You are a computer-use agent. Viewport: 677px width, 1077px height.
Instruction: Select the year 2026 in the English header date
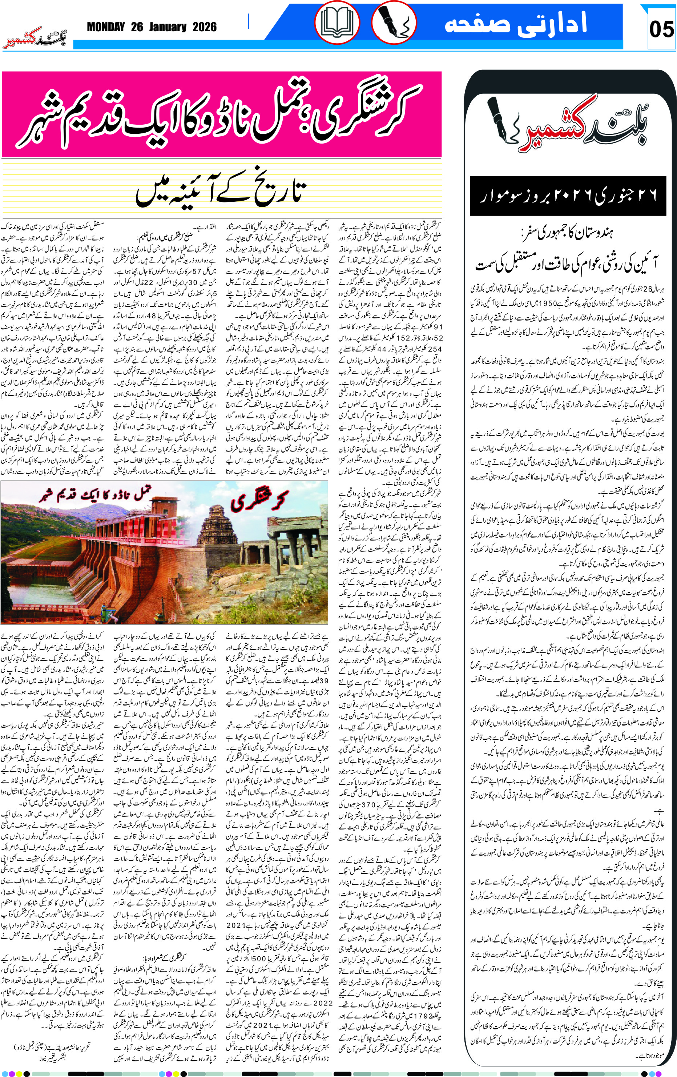(204, 27)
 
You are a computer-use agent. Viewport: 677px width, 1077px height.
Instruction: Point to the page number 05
(661, 29)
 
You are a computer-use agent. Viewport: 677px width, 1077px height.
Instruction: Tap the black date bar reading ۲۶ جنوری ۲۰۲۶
(568, 196)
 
